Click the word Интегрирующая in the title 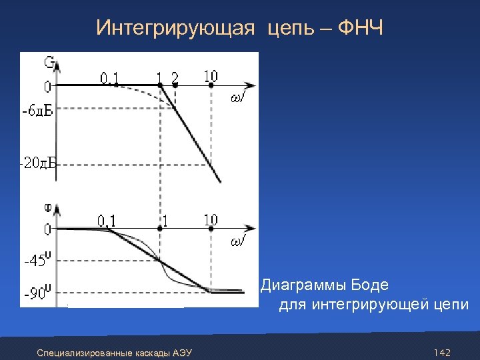click(175, 29)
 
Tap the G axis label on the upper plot click(49, 63)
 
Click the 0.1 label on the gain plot click(109, 78)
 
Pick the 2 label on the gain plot click(175, 77)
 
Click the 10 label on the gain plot click(211, 75)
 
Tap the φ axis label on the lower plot click(49, 207)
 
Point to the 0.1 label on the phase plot click(107, 219)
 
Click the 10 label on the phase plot click(211, 219)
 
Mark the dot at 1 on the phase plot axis click(160, 228)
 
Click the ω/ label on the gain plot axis click(239, 99)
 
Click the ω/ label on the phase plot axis click(239, 241)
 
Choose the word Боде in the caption click(369, 285)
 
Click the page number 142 click(442, 352)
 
